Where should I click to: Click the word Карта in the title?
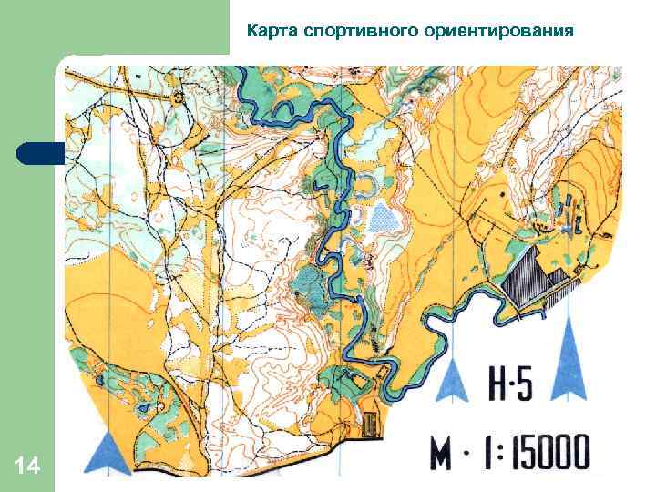click(x=272, y=32)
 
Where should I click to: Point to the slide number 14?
click(x=26, y=467)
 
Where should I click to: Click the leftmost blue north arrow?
click(x=111, y=452)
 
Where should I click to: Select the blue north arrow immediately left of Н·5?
click(x=452, y=380)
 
